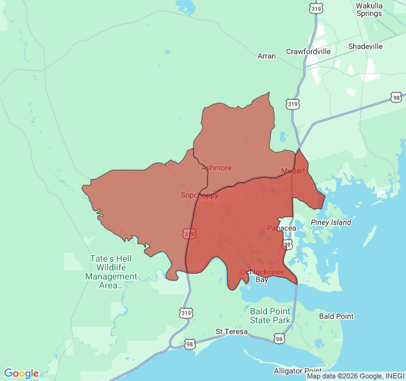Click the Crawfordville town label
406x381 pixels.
(308, 51)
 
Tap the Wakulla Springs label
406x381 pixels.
(369, 10)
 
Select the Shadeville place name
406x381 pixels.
(365, 46)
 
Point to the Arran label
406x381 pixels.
(266, 56)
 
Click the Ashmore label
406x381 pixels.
(216, 168)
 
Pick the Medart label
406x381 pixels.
(293, 171)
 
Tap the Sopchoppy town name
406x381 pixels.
(199, 195)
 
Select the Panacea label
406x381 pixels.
(282, 228)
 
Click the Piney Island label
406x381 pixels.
(331, 222)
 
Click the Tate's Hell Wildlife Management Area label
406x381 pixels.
(111, 272)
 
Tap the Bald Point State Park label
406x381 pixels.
(270, 316)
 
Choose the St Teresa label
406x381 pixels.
(231, 331)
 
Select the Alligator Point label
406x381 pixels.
(298, 370)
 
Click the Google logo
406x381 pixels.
(21, 373)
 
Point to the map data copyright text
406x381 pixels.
(355, 376)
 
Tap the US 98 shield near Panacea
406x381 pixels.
(287, 244)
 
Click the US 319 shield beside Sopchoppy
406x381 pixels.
(188, 234)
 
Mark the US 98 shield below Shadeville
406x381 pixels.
(396, 97)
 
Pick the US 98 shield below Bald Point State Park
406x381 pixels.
(279, 340)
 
